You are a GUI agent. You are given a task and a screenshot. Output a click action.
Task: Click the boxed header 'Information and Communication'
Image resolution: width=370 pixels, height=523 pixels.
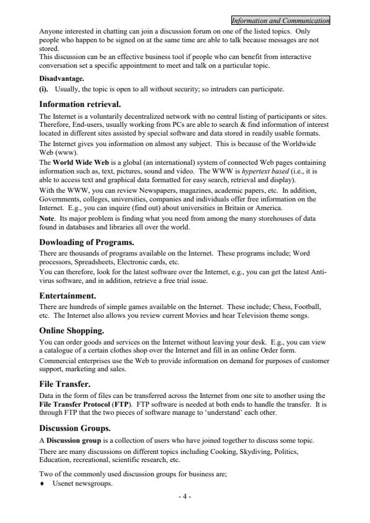pyautogui.click(x=280, y=22)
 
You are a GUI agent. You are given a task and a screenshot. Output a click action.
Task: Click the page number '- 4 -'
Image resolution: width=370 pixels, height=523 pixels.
pyautogui.click(x=184, y=498)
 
